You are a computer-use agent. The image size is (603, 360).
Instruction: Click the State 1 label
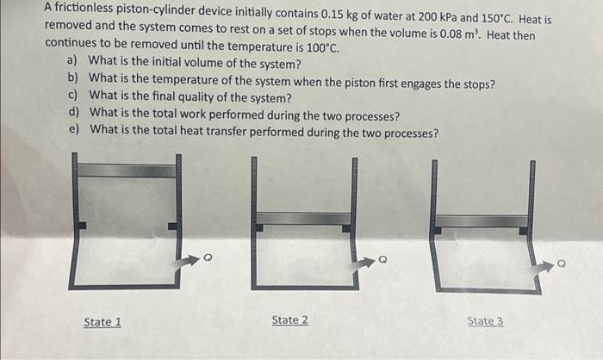coord(102,322)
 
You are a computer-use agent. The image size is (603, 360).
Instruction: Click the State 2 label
coord(289,320)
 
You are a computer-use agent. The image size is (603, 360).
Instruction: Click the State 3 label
coord(485,321)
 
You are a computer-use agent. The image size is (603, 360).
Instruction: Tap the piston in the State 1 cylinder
coord(127,171)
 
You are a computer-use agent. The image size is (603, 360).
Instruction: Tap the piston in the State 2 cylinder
coord(304,218)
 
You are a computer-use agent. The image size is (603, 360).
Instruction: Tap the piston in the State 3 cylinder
coord(481,221)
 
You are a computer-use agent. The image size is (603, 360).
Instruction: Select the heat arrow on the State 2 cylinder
coord(362,259)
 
